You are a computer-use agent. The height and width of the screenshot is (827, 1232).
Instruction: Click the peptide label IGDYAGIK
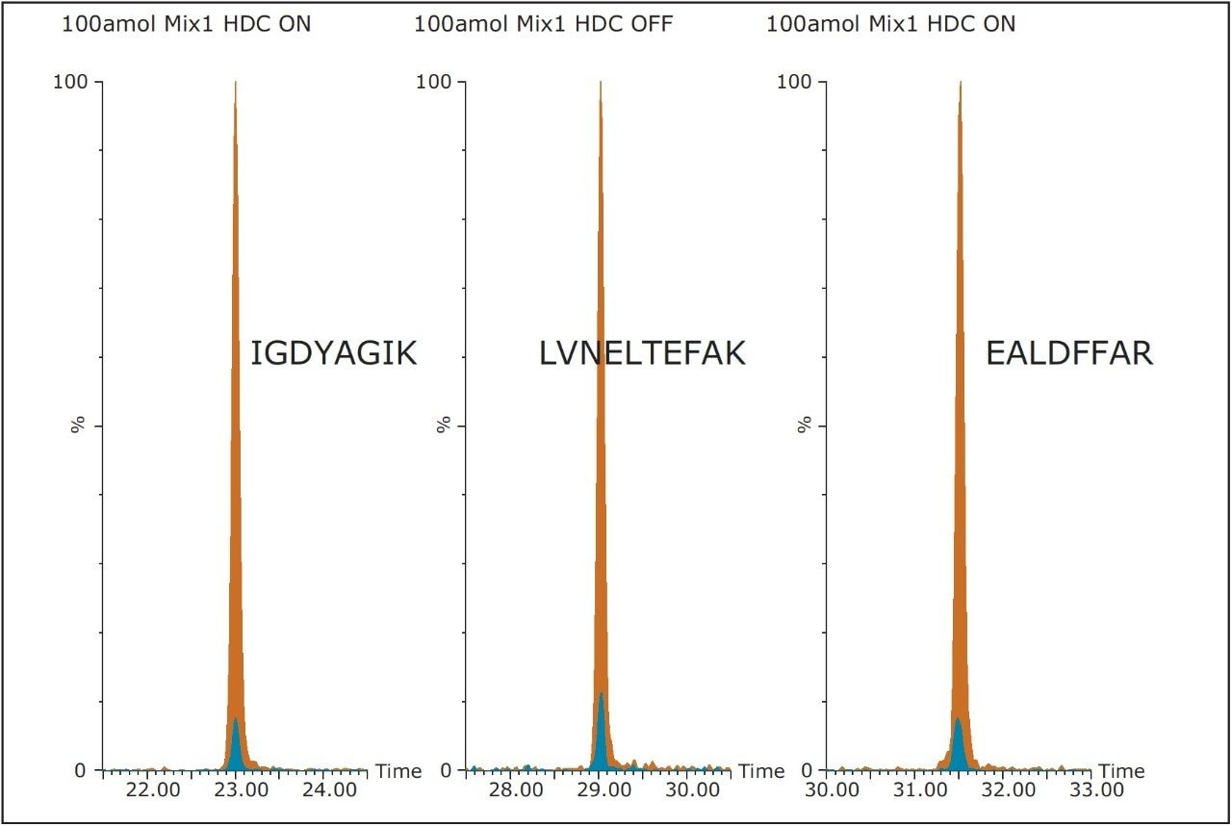click(333, 353)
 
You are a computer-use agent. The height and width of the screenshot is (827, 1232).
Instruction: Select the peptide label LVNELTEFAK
click(642, 353)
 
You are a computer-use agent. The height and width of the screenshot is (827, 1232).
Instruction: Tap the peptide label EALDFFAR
click(1068, 353)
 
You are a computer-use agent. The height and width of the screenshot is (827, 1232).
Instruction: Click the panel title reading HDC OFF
click(543, 24)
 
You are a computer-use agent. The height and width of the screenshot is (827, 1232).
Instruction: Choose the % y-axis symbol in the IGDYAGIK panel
click(78, 425)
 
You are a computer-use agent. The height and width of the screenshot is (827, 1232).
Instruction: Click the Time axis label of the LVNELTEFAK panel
click(762, 771)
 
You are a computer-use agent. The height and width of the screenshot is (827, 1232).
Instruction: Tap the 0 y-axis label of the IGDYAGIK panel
click(80, 771)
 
